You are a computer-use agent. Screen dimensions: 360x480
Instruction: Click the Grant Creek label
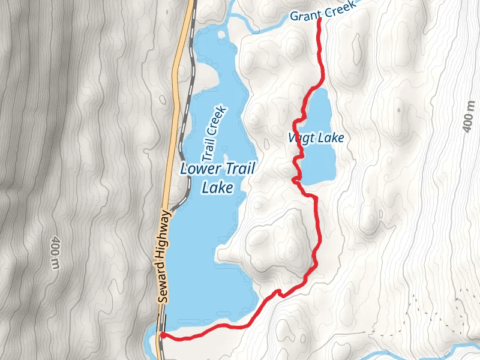[323, 10]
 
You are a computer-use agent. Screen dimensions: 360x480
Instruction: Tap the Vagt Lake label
[316, 138]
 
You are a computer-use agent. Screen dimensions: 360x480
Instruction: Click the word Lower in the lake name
[201, 170]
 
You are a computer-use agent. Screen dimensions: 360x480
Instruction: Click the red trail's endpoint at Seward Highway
[163, 335]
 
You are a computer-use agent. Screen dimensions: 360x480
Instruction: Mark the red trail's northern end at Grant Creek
[319, 20]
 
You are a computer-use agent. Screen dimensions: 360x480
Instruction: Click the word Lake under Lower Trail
[217, 188]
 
